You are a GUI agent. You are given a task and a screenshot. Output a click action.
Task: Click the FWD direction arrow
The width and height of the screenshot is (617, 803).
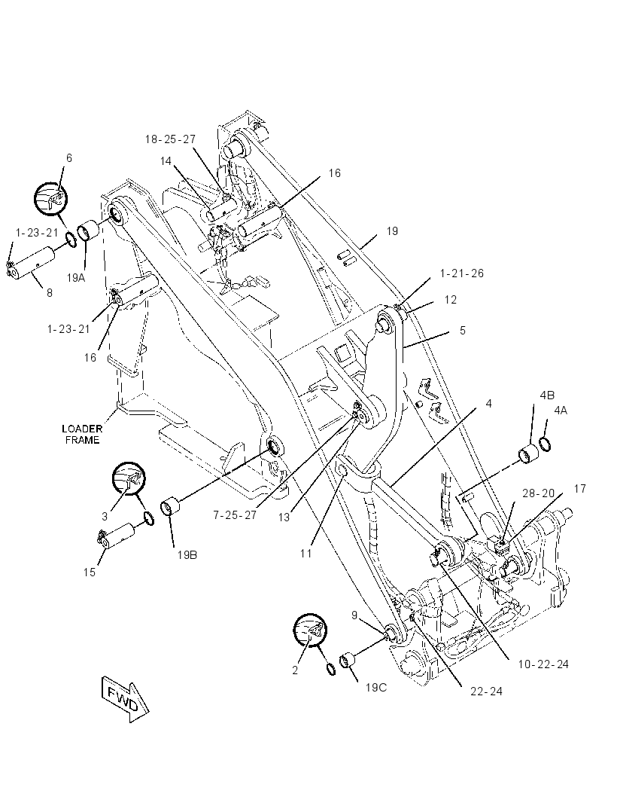(125, 698)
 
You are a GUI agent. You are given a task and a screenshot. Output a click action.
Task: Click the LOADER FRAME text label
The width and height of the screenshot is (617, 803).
(82, 434)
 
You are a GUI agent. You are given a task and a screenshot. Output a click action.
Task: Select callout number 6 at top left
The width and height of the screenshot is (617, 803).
(68, 158)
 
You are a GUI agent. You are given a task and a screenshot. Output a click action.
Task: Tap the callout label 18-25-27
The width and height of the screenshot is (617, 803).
(170, 139)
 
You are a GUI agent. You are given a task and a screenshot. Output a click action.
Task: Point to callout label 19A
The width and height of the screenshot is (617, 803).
(76, 277)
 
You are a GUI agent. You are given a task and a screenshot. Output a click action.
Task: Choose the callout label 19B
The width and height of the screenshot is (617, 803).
(187, 554)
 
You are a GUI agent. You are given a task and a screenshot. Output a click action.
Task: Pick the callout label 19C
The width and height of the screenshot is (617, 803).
(375, 687)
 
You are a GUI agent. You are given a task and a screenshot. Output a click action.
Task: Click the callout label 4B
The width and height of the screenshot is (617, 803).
(547, 395)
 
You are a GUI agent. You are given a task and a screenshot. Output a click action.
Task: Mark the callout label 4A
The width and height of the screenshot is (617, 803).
(560, 411)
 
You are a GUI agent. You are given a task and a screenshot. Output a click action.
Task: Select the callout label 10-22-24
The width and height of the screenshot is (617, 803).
(543, 664)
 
